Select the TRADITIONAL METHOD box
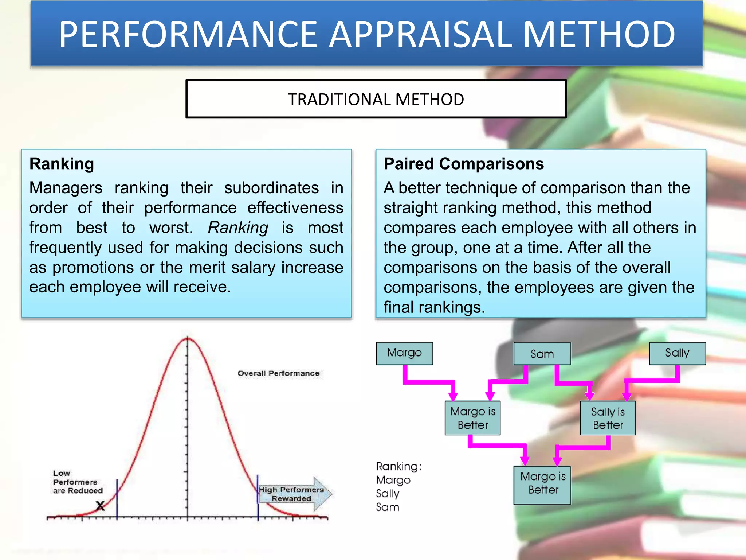[376, 99]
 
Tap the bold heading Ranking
[62, 164]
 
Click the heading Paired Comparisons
[463, 164]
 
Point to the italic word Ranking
[238, 228]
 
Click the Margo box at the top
[404, 353]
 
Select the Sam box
[542, 354]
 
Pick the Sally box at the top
[677, 353]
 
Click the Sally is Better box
[607, 418]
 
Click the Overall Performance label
[278, 373]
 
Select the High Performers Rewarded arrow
[295, 494]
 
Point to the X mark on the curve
[100, 506]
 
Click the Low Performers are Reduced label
[77, 482]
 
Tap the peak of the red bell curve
[188, 339]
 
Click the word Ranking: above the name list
[398, 466]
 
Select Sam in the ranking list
[388, 507]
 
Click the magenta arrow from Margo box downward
[430, 382]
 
